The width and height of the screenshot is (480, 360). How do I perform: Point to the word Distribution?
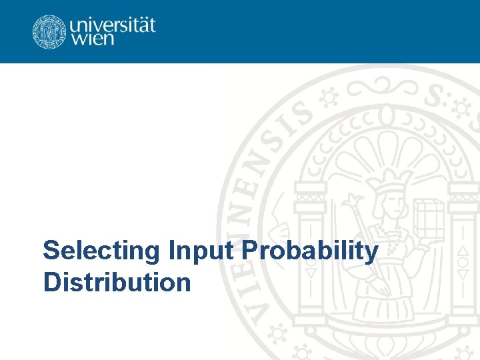coord(117,282)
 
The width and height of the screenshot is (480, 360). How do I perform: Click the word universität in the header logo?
coord(112,25)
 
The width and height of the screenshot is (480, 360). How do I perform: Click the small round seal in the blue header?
coord(49,31)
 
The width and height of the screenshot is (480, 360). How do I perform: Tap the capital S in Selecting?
coord(51,251)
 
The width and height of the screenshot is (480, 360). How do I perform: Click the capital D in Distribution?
coord(51,282)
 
